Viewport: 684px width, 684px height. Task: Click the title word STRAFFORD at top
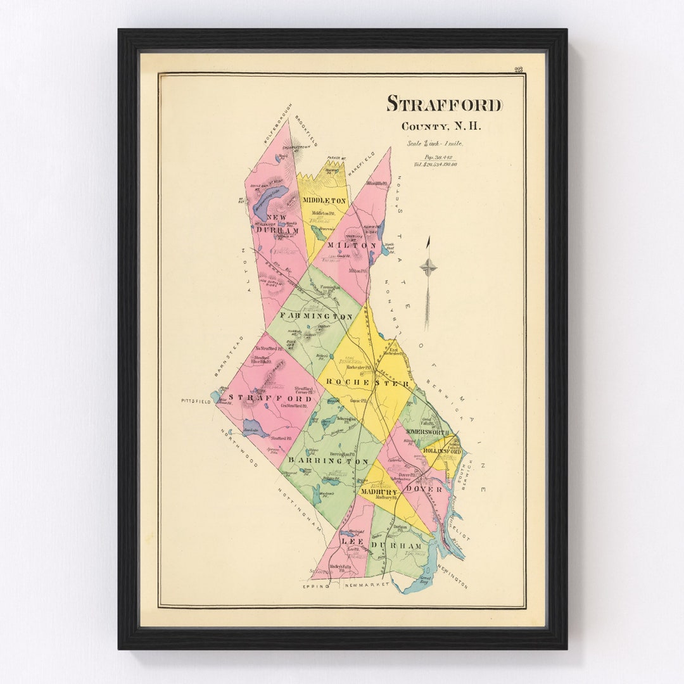click(445, 104)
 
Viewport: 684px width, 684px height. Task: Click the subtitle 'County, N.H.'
click(441, 126)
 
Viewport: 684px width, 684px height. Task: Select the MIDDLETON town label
click(324, 200)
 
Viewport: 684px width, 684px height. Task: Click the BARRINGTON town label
click(328, 461)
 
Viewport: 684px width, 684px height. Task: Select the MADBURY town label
click(377, 491)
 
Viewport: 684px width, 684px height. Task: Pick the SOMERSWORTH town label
click(428, 433)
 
